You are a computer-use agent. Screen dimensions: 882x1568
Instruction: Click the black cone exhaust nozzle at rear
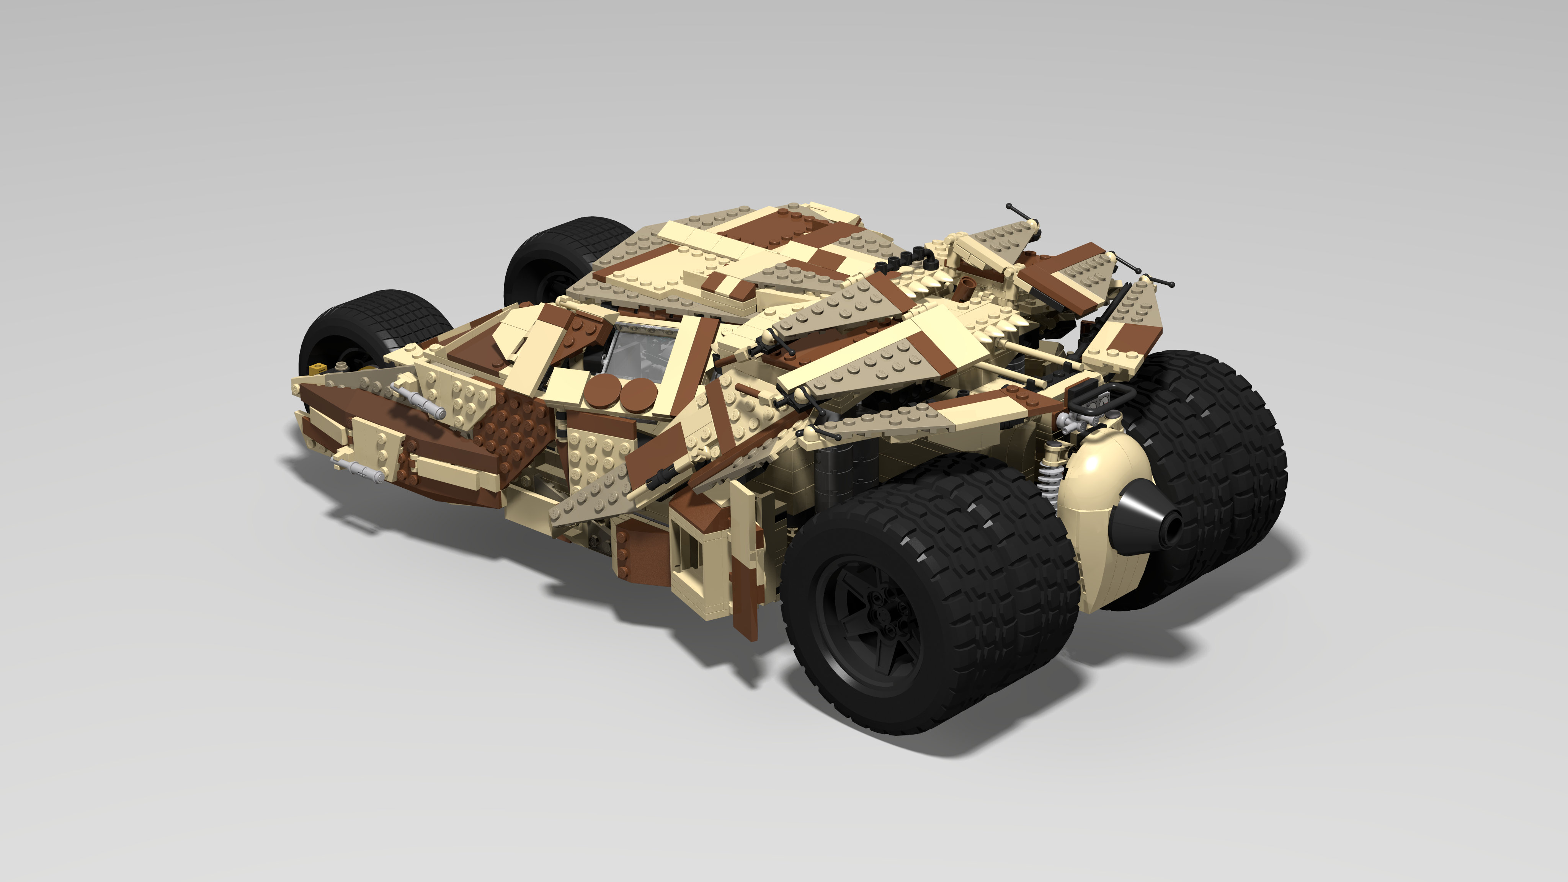pos(1147,521)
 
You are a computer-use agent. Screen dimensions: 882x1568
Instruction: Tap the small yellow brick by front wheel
pos(317,368)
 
